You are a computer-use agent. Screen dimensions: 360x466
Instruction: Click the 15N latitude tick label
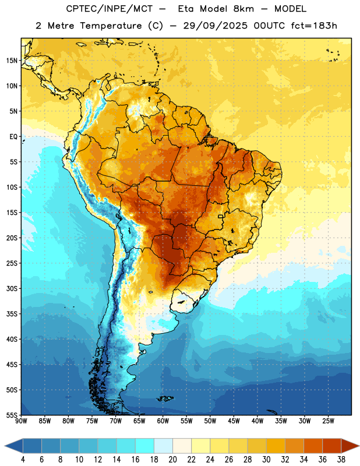pos(12,61)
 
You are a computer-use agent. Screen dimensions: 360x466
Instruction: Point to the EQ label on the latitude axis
pos(13,137)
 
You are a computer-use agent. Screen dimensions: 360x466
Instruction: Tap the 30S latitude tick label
pos(12,288)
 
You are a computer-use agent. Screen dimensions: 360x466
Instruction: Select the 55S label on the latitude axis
pos(12,415)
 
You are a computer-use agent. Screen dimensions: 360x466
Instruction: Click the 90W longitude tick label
pos(21,421)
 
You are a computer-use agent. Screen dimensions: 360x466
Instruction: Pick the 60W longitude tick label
pos(163,421)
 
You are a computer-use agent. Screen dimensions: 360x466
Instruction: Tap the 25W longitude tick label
pos(328,421)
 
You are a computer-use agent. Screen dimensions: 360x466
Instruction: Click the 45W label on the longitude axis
pos(234,421)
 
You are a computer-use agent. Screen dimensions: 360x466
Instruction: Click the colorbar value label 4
pos(23,460)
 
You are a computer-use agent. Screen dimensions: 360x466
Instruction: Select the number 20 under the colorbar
pos(172,460)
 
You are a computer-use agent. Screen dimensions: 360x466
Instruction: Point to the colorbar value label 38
pos(341,460)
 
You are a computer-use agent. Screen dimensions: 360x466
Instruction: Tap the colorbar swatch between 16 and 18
pos(144,446)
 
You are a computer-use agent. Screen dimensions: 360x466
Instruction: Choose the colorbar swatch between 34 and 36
pos(313,446)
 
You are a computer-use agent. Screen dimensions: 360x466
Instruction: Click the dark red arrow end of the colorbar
pos(350,446)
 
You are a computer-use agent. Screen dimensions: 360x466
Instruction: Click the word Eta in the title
pos(185,9)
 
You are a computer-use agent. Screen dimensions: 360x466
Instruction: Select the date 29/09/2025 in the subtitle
pos(215,26)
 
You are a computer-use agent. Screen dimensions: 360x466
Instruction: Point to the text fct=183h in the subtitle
pos(314,26)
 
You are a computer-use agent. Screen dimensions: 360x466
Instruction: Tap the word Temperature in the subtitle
pos(111,26)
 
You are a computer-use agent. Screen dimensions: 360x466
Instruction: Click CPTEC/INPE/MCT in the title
pos(109,9)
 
